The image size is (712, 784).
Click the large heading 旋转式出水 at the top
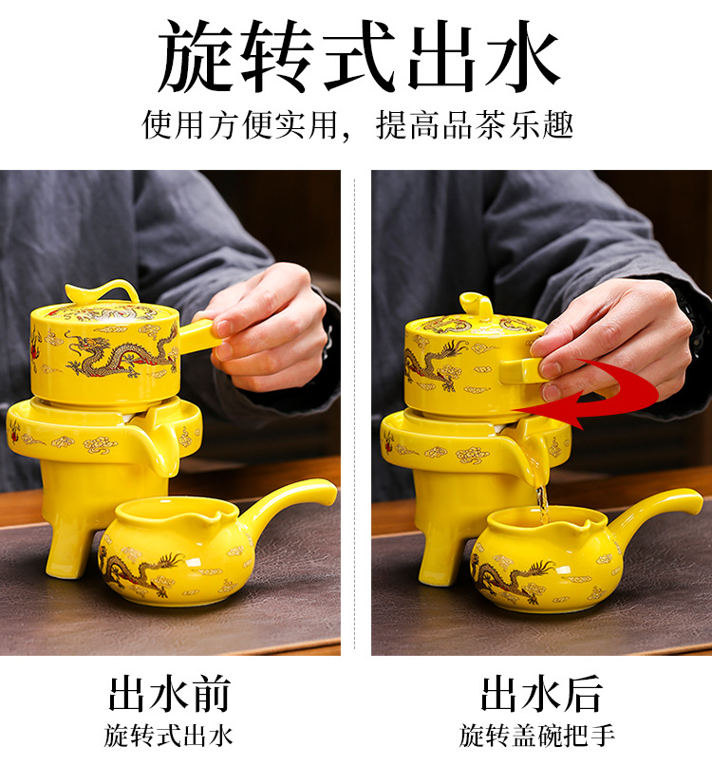(x=358, y=57)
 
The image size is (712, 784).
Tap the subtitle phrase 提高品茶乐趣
(x=474, y=125)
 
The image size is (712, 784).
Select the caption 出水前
(x=170, y=694)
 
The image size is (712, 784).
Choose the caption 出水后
(x=541, y=694)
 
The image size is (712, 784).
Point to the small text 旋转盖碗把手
(x=537, y=736)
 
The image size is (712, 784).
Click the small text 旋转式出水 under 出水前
(x=168, y=736)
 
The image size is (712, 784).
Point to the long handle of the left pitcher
(x=290, y=502)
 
